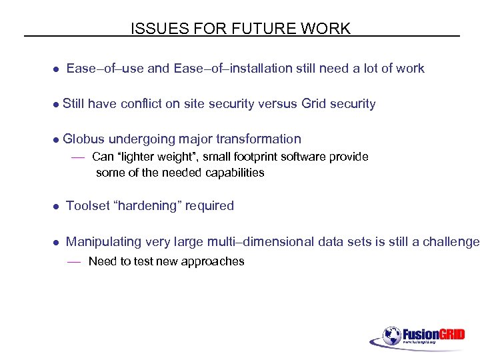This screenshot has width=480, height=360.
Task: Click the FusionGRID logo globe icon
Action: (x=391, y=335)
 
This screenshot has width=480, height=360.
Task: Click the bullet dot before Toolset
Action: (x=57, y=207)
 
